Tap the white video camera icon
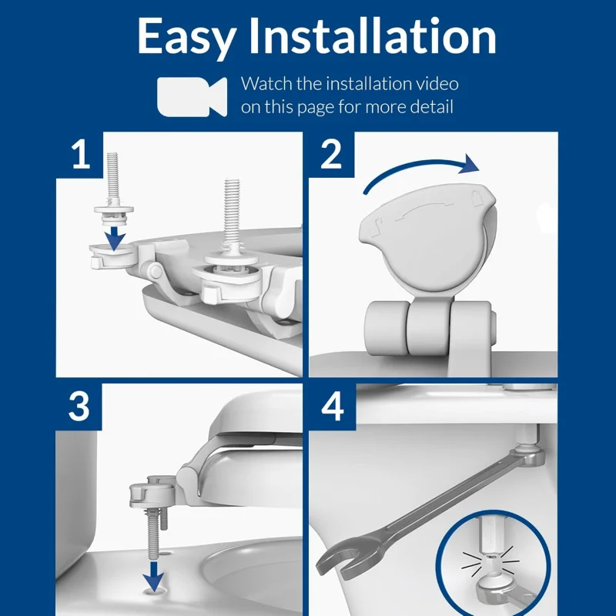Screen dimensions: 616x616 point(192,95)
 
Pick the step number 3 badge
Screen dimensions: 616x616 point(79,407)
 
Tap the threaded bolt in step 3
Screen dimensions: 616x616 point(154,531)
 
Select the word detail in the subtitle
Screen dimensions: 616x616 point(428,107)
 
